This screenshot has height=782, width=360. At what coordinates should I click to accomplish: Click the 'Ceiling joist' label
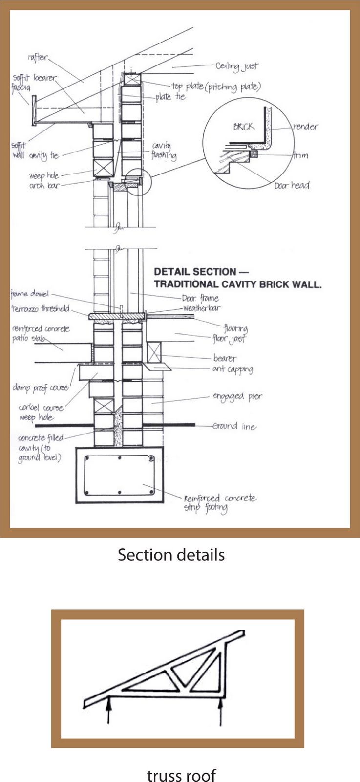pyautogui.click(x=237, y=66)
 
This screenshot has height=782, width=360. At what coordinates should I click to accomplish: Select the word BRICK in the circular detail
pyautogui.click(x=243, y=126)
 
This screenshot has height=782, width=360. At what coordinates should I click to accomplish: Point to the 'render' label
pyautogui.click(x=305, y=127)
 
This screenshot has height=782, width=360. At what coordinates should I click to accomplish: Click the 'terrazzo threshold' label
pyautogui.click(x=41, y=309)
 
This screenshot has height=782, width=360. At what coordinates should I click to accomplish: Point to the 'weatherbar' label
pyautogui.click(x=202, y=308)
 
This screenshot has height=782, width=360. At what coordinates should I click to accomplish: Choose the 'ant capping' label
pyautogui.click(x=232, y=369)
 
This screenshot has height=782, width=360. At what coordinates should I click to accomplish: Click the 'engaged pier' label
pyautogui.click(x=237, y=396)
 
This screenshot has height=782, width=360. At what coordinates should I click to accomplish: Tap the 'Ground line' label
pyautogui.click(x=234, y=426)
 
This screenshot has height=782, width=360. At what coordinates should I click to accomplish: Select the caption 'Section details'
pyautogui.click(x=171, y=555)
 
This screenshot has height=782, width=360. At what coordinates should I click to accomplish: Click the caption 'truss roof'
pyautogui.click(x=181, y=775)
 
